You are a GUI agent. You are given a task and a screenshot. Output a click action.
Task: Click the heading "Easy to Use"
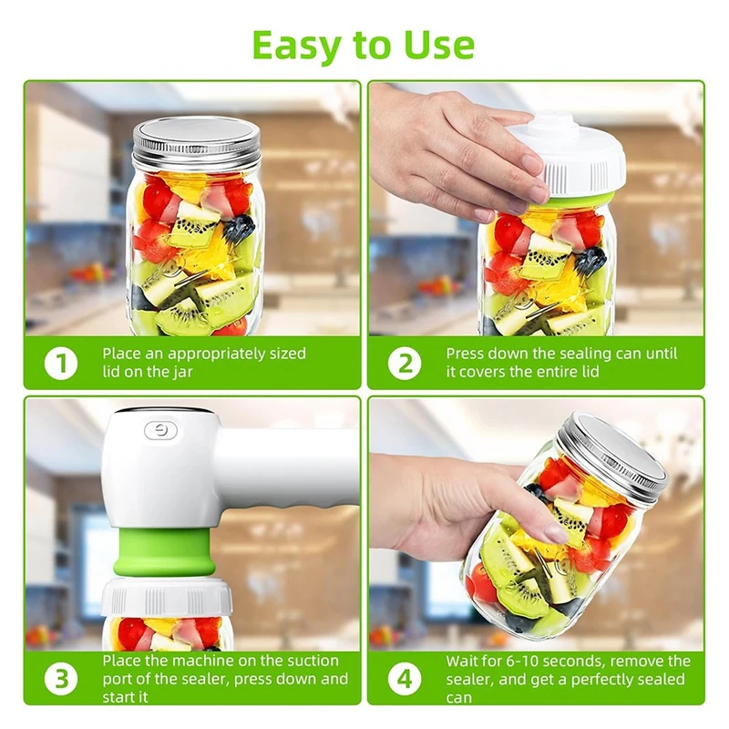(x=363, y=44)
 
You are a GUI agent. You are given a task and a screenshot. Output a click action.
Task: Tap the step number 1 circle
(x=61, y=363)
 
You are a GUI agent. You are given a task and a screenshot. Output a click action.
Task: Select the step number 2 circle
(x=405, y=363)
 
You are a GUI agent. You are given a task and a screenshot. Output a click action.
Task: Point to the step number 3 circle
(x=61, y=679)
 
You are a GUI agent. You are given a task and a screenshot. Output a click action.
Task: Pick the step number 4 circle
(x=405, y=679)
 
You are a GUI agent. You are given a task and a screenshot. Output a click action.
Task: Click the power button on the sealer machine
(x=160, y=430)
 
